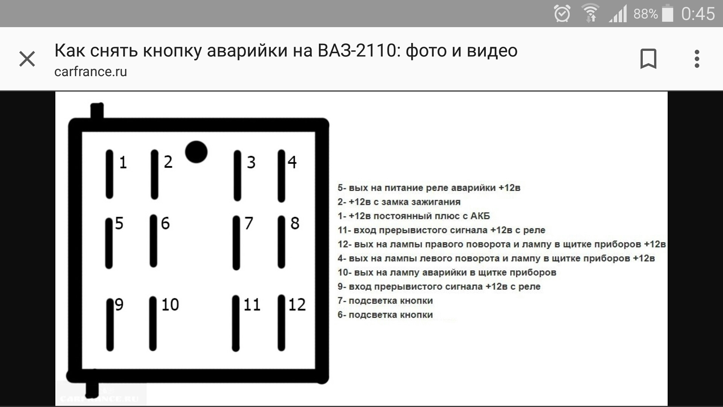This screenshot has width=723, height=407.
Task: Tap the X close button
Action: click(27, 59)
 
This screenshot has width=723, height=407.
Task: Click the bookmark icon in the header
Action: click(648, 59)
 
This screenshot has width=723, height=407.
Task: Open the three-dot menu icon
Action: click(697, 59)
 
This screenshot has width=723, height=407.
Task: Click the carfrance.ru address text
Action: click(91, 72)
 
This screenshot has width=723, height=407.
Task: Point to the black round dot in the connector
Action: click(196, 152)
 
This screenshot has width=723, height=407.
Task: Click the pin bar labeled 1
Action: click(110, 174)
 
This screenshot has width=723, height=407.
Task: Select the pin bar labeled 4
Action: click(281, 176)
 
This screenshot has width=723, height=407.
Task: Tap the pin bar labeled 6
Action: click(153, 241)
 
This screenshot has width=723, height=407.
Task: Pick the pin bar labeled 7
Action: click(236, 243)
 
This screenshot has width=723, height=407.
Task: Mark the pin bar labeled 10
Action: click(153, 323)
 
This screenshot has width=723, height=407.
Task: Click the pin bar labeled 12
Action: click(281, 323)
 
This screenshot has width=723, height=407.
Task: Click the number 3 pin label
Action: click(251, 162)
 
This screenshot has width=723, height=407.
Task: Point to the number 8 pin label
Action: click(295, 223)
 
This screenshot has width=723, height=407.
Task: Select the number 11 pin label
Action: click(252, 304)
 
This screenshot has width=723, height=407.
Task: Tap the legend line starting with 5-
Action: click(429, 188)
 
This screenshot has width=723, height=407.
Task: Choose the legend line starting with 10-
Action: click(447, 272)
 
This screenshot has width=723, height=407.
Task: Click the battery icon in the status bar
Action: click(668, 14)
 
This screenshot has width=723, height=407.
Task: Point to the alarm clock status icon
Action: click(562, 14)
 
